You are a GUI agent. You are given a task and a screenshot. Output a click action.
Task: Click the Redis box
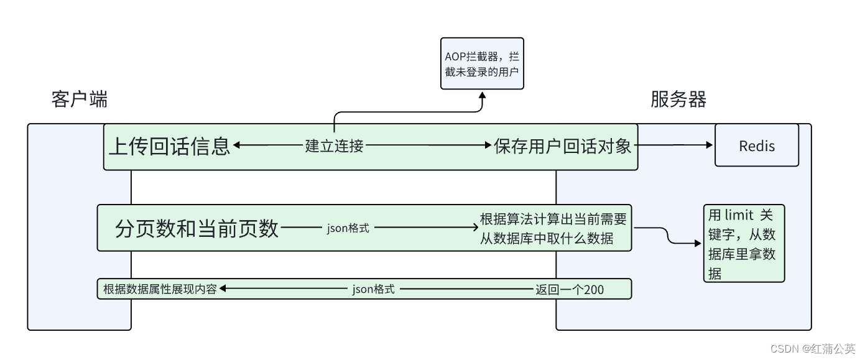pyautogui.click(x=756, y=145)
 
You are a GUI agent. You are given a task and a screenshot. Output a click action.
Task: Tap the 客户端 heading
pyautogui.click(x=79, y=99)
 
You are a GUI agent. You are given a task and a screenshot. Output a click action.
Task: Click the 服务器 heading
pyautogui.click(x=678, y=99)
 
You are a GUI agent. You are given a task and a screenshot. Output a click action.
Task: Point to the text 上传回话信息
pyautogui.click(x=169, y=146)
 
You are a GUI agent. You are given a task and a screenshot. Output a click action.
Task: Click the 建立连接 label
pyautogui.click(x=334, y=146)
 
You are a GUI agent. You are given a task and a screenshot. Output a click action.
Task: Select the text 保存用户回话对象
pyautogui.click(x=563, y=146)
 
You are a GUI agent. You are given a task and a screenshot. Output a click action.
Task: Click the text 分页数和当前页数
pyautogui.click(x=197, y=228)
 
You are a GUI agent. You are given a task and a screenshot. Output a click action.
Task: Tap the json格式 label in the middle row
pyautogui.click(x=348, y=228)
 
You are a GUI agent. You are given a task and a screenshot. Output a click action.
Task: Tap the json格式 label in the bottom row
pyautogui.click(x=373, y=289)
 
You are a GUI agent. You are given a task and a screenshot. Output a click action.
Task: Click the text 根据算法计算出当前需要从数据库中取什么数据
pyautogui.click(x=553, y=228)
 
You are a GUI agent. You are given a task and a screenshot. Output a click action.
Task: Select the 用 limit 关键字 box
pyautogui.click(x=744, y=244)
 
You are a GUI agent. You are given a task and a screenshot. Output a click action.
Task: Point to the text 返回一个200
pyautogui.click(x=569, y=289)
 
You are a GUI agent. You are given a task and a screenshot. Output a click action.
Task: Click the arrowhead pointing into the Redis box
pyautogui.click(x=710, y=145)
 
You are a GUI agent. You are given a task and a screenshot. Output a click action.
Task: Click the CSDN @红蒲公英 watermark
pyautogui.click(x=812, y=349)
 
